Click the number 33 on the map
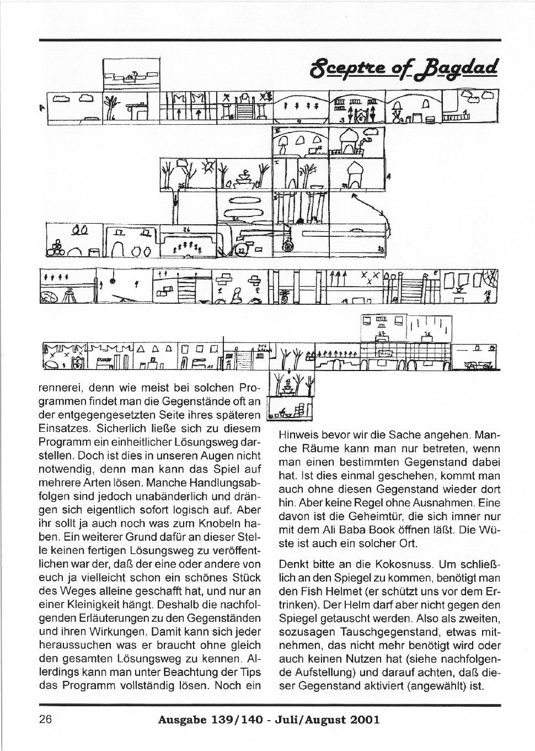click(x=381, y=250)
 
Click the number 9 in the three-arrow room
click(x=298, y=119)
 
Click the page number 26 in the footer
click(x=45, y=720)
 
